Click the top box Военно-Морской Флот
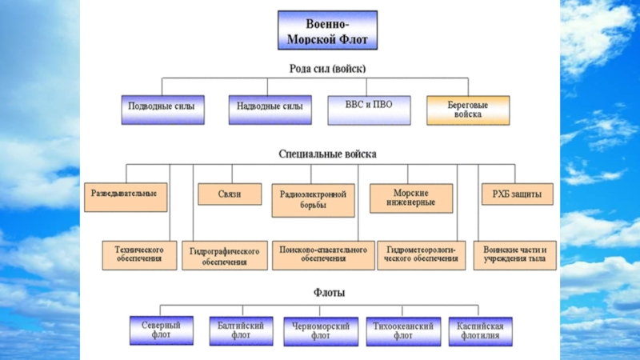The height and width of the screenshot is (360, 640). click(x=328, y=31)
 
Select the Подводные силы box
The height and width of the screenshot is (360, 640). click(x=162, y=109)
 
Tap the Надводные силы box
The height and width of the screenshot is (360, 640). click(x=270, y=109)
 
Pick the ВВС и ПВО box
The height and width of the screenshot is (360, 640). click(x=369, y=109)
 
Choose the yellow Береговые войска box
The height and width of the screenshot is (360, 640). click(x=467, y=109)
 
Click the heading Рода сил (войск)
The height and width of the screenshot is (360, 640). click(x=328, y=69)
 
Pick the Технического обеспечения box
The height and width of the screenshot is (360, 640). click(x=139, y=255)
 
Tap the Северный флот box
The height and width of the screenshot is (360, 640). click(x=161, y=330)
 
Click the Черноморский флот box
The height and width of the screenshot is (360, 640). click(x=321, y=331)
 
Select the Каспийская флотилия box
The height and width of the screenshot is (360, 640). click(x=480, y=331)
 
